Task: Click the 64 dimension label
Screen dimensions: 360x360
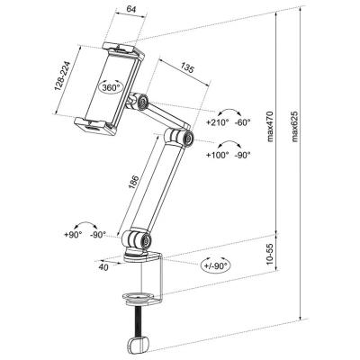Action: click(131, 9)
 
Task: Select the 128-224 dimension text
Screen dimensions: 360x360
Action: click(62, 76)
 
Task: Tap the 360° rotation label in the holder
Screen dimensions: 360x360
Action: click(111, 87)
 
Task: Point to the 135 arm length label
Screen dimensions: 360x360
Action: click(187, 68)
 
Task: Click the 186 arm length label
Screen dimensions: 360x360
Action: click(134, 182)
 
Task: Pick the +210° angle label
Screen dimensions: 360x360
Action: click(218, 122)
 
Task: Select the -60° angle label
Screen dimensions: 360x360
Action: click(242, 122)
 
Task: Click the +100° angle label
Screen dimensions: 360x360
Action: click(218, 155)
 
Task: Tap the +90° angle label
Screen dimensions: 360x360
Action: click(73, 235)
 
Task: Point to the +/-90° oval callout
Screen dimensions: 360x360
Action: click(216, 265)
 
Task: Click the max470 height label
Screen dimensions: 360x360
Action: click(270, 126)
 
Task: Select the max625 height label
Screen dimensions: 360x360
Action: click(294, 126)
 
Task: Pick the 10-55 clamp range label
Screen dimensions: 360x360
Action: click(270, 254)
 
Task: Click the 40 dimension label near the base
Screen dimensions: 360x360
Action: click(104, 267)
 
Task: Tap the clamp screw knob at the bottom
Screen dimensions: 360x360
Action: click(139, 345)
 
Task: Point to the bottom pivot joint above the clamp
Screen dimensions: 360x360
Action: click(137, 239)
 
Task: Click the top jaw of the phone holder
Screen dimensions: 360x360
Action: click(123, 50)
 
